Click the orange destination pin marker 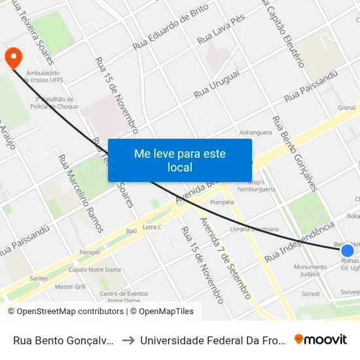(13, 57)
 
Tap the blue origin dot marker (348, 250)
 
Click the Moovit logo (321, 340)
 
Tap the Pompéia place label (222, 202)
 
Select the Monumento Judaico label (310, 270)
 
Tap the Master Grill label (71, 287)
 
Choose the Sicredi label (310, 294)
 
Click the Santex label (39, 278)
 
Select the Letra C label (152, 227)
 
